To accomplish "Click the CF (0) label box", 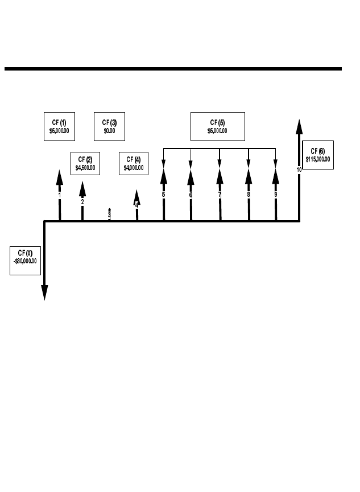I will [x=25, y=260].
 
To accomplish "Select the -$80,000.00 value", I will [x=25, y=261].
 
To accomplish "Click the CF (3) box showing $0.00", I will [x=109, y=126].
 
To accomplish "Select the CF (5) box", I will [x=217, y=126].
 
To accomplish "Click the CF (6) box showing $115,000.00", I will [x=318, y=155].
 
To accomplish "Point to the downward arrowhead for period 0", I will [x=44, y=292].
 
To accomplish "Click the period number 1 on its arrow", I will [x=59, y=195].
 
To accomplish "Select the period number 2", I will [x=82, y=202].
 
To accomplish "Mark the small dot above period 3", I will [x=109, y=210].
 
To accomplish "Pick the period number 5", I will [x=163, y=195].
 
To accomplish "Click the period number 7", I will [x=220, y=195].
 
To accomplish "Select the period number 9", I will [x=276, y=195].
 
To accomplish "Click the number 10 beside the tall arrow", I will [x=299, y=169].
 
